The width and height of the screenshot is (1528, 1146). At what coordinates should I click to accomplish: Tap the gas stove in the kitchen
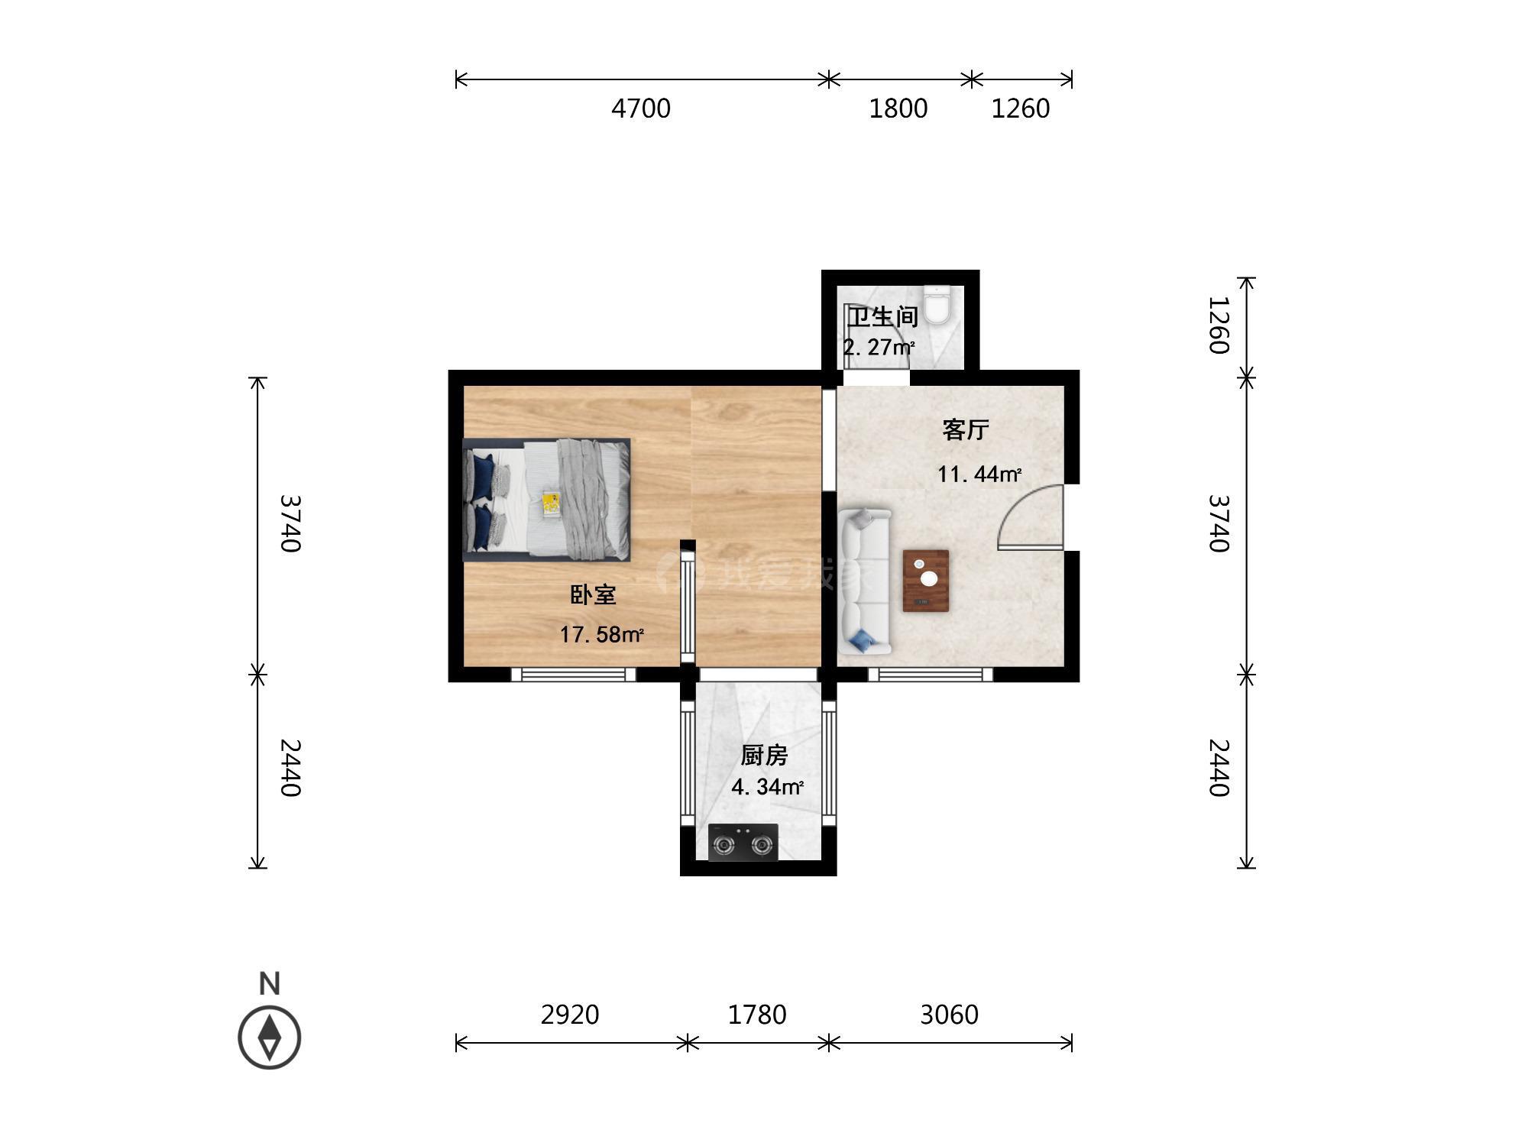[743, 843]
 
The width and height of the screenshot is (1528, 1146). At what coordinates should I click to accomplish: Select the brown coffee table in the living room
[926, 581]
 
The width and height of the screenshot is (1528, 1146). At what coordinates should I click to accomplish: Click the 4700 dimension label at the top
[641, 108]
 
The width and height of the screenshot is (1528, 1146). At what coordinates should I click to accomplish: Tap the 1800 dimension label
[898, 108]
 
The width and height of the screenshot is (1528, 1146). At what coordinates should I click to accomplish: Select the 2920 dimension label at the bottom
[570, 1015]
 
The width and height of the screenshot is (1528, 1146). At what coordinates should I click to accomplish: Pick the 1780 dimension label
[757, 1015]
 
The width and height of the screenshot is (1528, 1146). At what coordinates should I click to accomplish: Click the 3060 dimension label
[949, 1015]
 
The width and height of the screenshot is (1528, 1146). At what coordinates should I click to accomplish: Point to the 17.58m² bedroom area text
[602, 634]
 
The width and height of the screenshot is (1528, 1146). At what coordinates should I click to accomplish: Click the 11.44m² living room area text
[979, 474]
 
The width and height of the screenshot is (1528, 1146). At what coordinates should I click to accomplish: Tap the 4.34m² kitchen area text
[767, 787]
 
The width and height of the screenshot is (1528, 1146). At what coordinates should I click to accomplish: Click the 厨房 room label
[764, 755]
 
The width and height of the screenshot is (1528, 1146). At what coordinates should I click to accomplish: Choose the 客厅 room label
[966, 429]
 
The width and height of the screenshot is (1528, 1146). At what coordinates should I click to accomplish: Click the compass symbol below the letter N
[270, 1038]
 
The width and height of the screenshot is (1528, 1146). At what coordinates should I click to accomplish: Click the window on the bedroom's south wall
[573, 675]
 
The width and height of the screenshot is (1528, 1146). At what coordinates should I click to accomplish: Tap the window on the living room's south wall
[930, 675]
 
